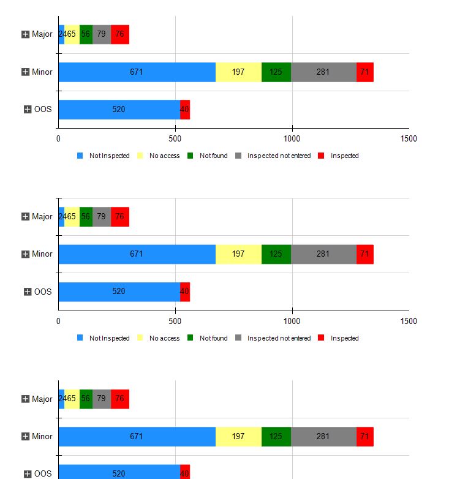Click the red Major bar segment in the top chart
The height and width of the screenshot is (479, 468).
pos(120,34)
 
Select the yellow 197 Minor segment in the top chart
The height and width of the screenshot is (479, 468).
pos(238,72)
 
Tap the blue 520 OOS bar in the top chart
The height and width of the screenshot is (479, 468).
pos(119,110)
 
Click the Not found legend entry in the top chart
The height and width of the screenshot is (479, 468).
pos(213,156)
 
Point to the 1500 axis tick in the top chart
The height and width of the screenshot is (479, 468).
pos(409,138)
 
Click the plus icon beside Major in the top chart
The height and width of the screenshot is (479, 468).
pos(26,34)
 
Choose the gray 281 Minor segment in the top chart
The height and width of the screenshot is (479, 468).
pos(323,72)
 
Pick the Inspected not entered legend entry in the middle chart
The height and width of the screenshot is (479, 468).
pos(279,338)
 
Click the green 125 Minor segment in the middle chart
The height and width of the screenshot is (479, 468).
pos(276,254)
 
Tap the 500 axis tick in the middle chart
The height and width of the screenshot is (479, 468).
pos(175,321)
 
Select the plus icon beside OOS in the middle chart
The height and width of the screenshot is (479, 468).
pos(28,292)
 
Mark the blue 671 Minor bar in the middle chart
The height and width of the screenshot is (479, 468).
pos(137,254)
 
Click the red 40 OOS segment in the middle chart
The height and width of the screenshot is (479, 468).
pos(185,292)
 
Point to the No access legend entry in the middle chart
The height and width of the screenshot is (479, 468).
pos(164,338)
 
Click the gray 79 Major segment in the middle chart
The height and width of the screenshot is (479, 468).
pos(102,217)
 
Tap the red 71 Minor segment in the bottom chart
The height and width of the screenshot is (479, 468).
pos(365,437)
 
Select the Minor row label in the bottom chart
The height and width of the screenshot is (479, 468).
pos(42,437)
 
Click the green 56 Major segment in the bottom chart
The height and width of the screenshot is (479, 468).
pos(86,399)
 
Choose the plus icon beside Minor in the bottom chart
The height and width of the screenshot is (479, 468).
pos(26,437)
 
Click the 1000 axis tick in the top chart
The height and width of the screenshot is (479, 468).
pos(292,138)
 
